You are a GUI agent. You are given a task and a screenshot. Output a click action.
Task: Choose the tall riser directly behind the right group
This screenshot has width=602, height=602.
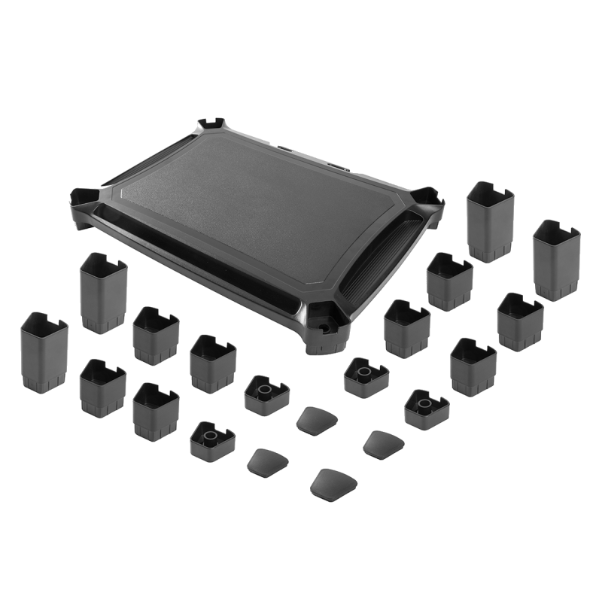coord(489,222)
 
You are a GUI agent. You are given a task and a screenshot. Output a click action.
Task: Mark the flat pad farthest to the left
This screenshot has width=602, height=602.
coord(265,461)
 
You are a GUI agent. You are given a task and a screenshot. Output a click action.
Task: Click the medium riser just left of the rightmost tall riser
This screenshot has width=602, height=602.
coord(519,320)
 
